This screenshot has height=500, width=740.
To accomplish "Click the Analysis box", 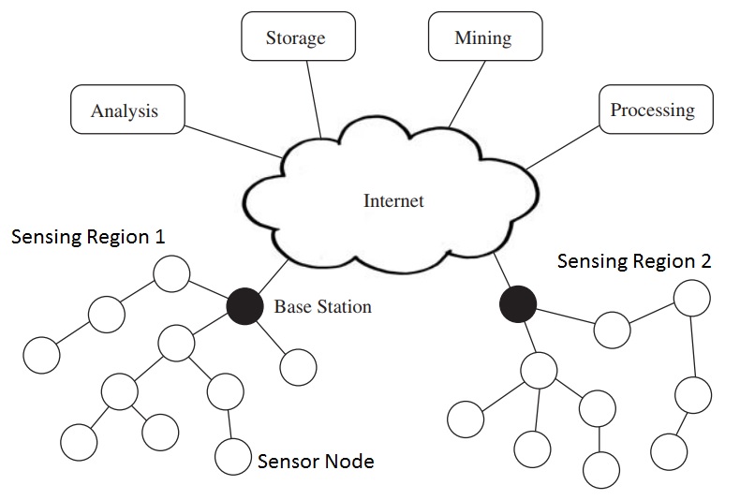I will (125, 110).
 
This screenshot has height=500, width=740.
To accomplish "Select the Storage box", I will (295, 38).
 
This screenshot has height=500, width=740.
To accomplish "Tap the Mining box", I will (482, 38).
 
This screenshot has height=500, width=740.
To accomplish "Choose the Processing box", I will (652, 110).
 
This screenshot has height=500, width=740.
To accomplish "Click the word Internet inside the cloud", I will (393, 200).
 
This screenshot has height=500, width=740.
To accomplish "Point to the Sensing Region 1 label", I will (88, 237).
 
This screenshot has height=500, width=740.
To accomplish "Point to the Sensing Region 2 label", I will (634, 261).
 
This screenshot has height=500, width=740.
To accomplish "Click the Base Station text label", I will (322, 306).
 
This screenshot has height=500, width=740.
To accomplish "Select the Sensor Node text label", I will (316, 461).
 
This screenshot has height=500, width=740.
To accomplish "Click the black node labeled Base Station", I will (244, 306).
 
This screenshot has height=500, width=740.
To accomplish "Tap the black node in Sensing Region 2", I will (517, 303).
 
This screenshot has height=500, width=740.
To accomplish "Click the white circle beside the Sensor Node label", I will (232, 456).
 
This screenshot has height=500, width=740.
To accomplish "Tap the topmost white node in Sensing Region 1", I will (171, 274).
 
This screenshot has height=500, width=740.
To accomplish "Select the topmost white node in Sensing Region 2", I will (691, 299).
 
